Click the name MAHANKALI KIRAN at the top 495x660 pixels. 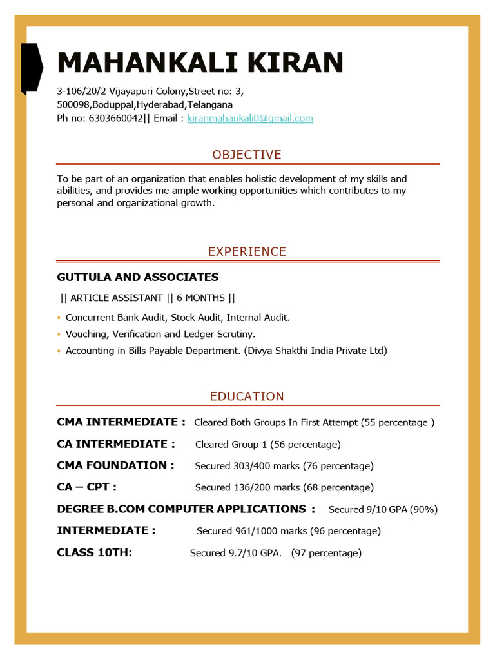click(200, 63)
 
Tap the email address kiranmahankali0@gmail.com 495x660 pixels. click(250, 119)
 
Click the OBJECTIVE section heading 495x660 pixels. click(247, 155)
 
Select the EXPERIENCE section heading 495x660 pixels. click(247, 252)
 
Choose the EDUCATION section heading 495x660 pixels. click(247, 396)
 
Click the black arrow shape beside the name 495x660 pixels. click(32, 67)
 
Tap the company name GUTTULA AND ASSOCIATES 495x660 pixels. click(137, 277)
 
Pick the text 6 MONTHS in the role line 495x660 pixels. click(200, 298)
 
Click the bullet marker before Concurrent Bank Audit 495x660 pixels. click(59, 318)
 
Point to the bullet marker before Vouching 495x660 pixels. click(59, 335)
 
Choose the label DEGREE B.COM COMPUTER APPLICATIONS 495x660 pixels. click(181, 509)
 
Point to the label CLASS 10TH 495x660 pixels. click(94, 552)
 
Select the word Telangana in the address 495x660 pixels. click(210, 104)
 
